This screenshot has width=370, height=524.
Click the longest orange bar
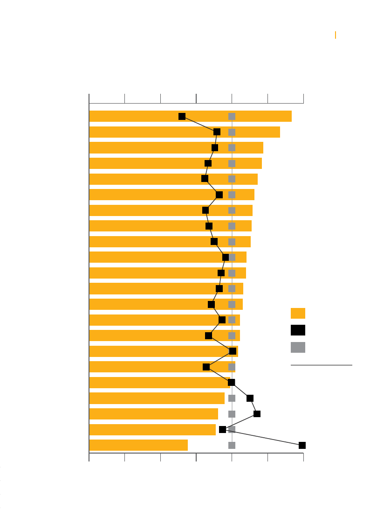140,116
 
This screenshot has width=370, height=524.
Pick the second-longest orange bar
140,132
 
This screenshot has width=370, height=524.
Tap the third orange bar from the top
140,147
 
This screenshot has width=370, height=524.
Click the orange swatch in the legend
298,313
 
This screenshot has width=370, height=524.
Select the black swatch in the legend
298,330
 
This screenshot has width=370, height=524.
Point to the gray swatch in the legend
298,347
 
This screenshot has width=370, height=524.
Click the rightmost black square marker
302,445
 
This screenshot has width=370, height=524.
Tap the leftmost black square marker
182,116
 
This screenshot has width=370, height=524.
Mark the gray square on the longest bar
232,116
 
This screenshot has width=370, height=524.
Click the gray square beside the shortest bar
232,445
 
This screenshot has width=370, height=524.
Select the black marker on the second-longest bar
217,132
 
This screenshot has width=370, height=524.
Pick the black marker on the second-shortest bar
222,429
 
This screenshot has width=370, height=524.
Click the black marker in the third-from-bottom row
257,414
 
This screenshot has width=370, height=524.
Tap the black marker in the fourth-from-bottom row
250,398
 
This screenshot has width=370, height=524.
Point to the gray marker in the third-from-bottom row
232,414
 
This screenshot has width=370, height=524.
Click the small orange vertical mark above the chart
336,35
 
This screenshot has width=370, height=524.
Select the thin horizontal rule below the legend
321,365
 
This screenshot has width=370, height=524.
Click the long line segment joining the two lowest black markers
262,437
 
